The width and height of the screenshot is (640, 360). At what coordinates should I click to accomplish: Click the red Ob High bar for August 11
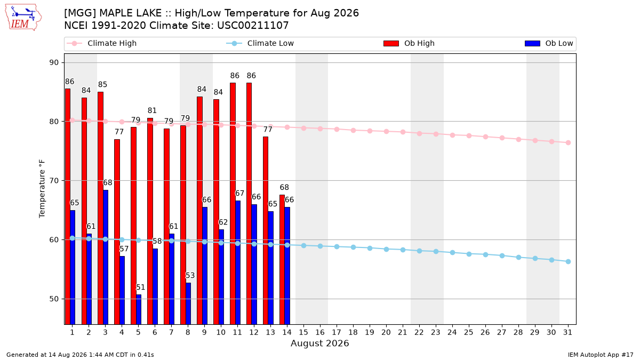(233, 203)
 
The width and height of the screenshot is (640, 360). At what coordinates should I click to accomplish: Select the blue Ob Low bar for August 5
(139, 309)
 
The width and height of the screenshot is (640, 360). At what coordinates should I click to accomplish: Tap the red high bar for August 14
(282, 259)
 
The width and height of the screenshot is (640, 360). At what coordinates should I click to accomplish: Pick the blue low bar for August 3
(106, 257)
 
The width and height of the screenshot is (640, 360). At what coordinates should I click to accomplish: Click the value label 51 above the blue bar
(140, 287)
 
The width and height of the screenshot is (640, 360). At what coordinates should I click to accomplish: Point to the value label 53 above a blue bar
(190, 275)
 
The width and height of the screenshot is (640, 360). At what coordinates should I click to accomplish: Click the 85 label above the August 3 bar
(102, 85)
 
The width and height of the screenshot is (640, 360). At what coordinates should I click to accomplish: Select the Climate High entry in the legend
(102, 43)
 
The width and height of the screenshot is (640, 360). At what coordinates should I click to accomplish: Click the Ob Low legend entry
(549, 43)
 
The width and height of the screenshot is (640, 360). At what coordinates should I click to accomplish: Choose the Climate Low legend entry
(260, 43)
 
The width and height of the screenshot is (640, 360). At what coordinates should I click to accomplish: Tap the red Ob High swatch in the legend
(391, 43)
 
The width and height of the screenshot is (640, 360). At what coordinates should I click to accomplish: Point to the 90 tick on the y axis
(54, 62)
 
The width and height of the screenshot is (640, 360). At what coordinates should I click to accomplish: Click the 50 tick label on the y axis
(54, 299)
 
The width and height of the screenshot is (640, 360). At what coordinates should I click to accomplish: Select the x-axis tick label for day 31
(567, 332)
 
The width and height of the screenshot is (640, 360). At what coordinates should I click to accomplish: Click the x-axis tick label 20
(386, 332)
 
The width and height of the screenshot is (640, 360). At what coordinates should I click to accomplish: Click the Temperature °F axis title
(42, 189)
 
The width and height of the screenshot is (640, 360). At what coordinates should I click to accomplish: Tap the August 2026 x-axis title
(319, 343)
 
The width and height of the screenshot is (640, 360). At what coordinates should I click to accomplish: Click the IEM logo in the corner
(23, 18)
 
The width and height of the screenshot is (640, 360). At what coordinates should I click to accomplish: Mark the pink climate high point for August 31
(568, 142)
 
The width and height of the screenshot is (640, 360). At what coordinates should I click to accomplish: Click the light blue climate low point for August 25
(469, 254)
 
